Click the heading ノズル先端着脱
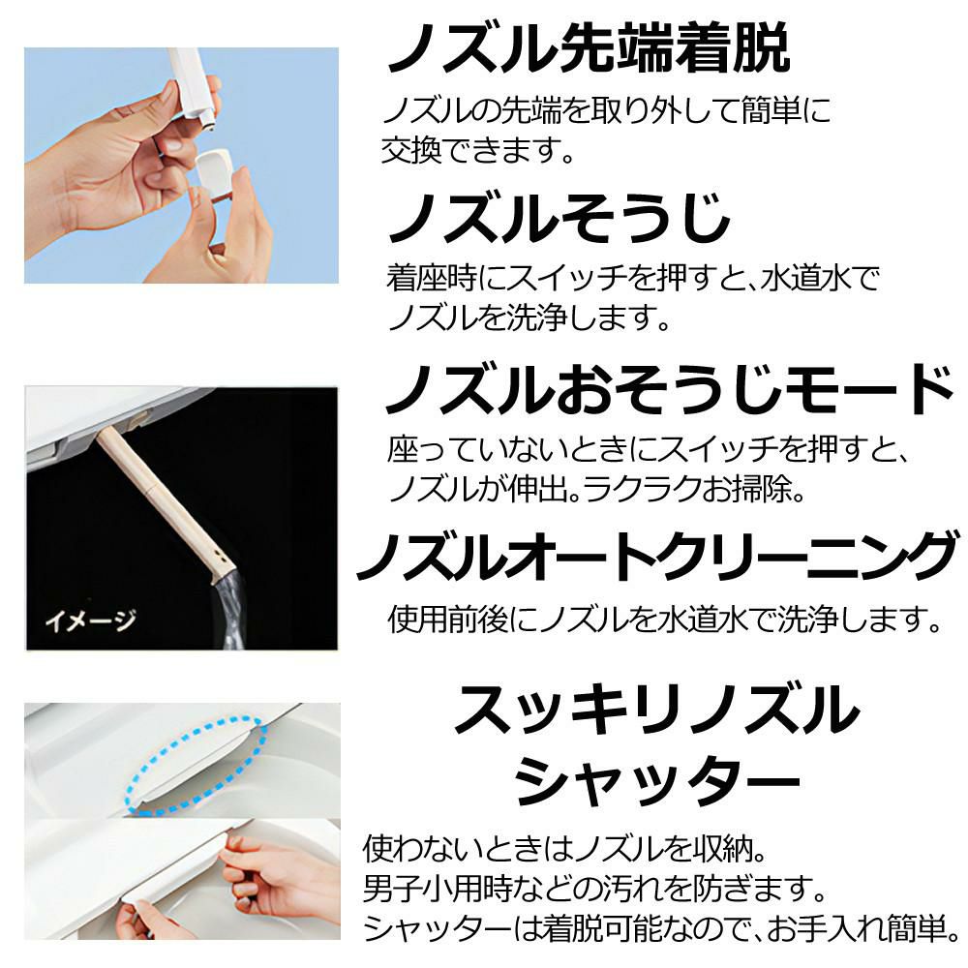pos(588,49)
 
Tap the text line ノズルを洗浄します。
pos(529,316)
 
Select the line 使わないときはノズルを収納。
pos(565,850)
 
